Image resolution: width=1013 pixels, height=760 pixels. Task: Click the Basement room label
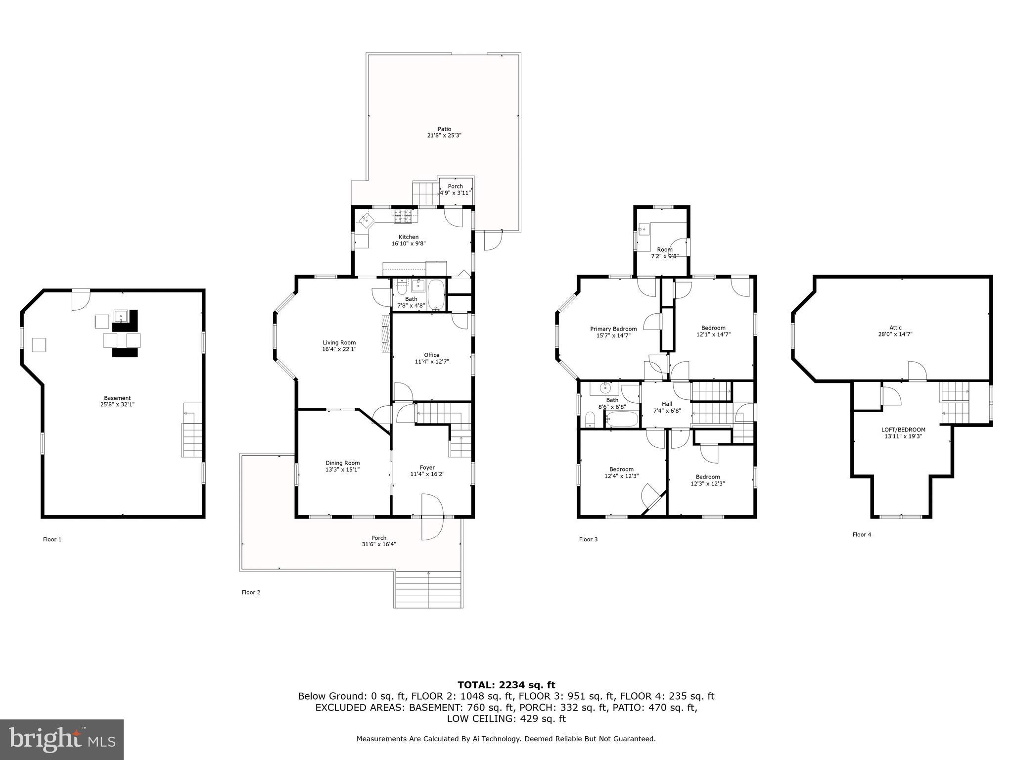(117, 398)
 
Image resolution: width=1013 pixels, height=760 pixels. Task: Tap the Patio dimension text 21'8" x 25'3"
(444, 136)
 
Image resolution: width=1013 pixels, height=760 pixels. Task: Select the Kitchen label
(409, 237)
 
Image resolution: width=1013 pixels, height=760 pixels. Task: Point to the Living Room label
(339, 342)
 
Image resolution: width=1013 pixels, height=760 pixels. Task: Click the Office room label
(432, 355)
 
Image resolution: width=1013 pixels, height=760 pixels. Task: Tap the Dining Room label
(342, 463)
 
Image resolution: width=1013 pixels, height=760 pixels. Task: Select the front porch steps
(428, 589)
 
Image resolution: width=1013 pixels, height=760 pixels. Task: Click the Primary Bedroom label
(613, 329)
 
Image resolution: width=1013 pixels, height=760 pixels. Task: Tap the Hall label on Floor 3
(667, 404)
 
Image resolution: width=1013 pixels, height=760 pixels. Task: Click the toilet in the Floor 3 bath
(590, 420)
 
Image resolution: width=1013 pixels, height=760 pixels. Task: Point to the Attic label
(895, 328)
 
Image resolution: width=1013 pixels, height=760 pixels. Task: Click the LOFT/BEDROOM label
(903, 429)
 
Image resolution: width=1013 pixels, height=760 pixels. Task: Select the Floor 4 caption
(862, 534)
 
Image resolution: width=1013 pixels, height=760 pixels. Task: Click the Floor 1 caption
(52, 539)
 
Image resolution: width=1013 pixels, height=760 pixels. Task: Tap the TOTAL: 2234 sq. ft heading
(506, 685)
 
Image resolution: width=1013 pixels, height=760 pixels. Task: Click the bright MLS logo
(62, 740)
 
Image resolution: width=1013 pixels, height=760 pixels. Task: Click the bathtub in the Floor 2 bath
(436, 295)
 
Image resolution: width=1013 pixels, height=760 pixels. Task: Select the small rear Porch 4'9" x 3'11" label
(456, 187)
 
